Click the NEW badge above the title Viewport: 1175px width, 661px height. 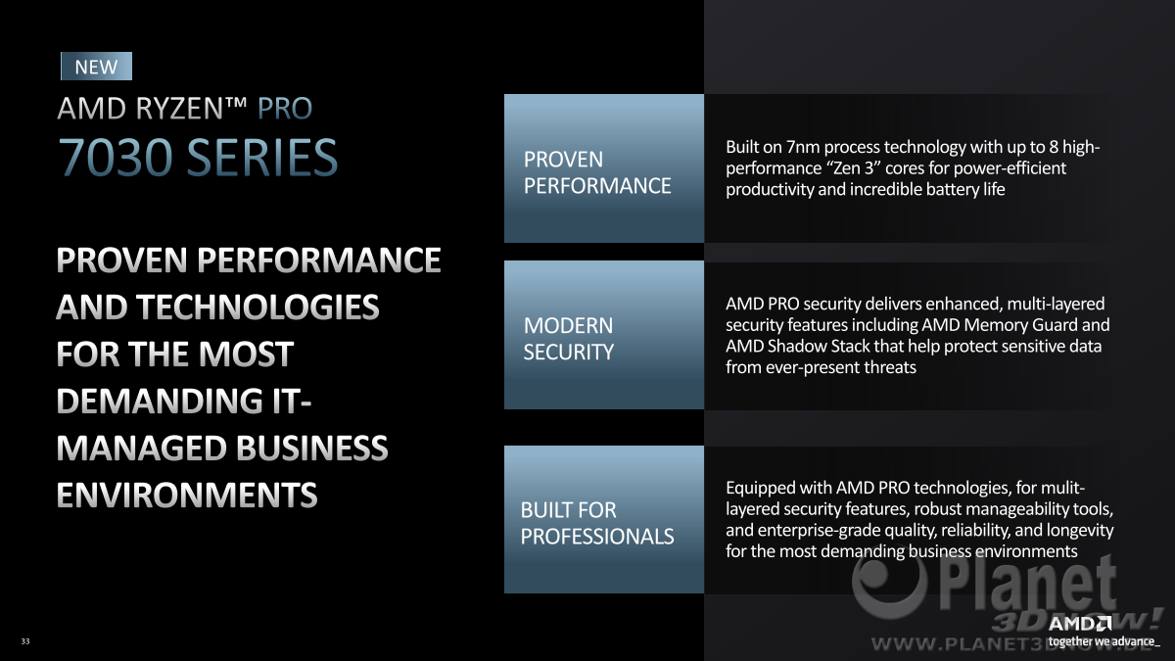(x=97, y=67)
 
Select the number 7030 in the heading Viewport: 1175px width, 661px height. (x=116, y=157)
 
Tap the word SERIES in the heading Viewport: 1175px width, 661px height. (x=262, y=157)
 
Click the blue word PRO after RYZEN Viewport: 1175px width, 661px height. (x=285, y=109)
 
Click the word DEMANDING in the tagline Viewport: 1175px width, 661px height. (x=160, y=401)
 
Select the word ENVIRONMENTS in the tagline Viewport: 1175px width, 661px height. (x=187, y=495)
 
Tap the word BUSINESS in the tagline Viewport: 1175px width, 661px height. (x=311, y=449)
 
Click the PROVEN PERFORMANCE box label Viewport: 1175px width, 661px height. (x=597, y=172)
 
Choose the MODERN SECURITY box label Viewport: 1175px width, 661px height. (x=568, y=339)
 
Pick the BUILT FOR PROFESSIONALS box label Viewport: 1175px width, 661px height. (x=597, y=524)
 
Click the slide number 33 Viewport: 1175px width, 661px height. (x=25, y=641)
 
